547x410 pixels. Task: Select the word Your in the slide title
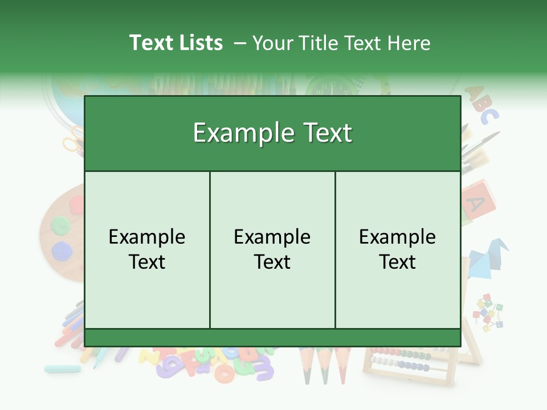[x=271, y=43]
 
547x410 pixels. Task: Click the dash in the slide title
[x=240, y=43]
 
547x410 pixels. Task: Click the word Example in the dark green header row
[x=239, y=133]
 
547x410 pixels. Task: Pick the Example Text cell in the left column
[x=147, y=249]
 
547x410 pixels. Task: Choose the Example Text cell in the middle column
[x=272, y=249]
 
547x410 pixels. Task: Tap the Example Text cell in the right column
[x=398, y=249]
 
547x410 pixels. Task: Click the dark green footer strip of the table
[x=272, y=338]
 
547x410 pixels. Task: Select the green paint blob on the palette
[x=60, y=226]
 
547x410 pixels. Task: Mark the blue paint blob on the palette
[x=61, y=250]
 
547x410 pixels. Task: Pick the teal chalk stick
[x=62, y=369]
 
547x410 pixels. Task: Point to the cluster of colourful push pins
[x=488, y=313]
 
